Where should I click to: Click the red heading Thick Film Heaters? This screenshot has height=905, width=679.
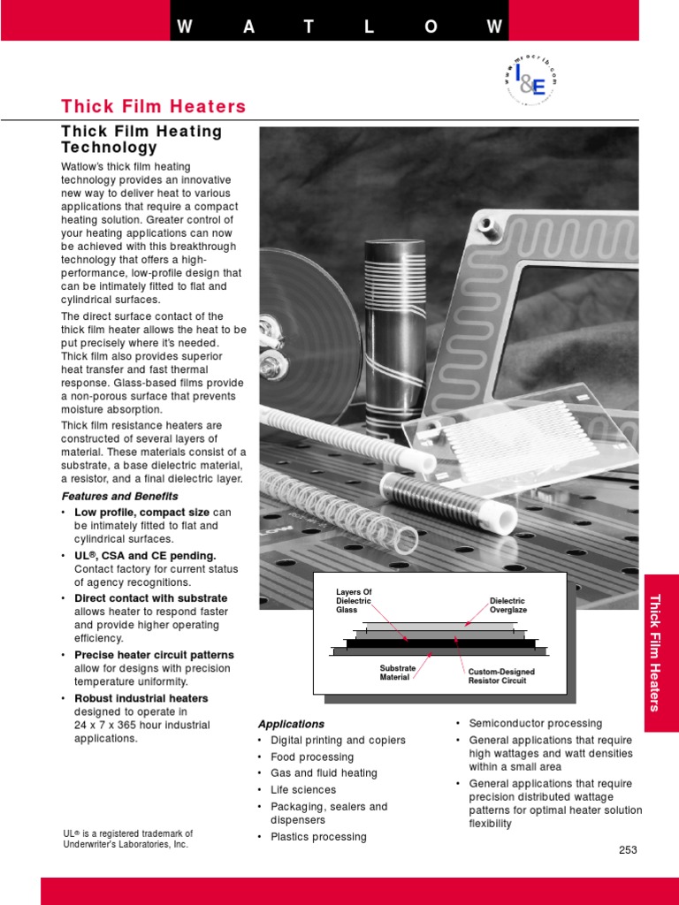pos(153,107)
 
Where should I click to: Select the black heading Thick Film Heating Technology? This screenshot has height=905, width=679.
pos(141,140)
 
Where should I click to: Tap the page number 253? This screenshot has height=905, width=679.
pos(628,850)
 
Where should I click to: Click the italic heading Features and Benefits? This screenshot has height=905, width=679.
pos(119,497)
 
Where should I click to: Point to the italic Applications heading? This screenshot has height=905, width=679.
pos(291,724)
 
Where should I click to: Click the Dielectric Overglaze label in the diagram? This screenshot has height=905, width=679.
pos(508,605)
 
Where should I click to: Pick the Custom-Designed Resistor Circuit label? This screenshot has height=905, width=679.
pos(501,677)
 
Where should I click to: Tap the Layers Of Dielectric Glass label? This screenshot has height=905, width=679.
pos(355,601)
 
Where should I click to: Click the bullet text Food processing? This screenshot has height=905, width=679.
pos(312,757)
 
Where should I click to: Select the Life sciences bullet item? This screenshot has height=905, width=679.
pos(303,789)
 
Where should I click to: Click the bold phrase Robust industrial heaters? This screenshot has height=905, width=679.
pos(141,698)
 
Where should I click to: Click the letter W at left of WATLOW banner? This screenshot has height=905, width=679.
pos(185,26)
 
